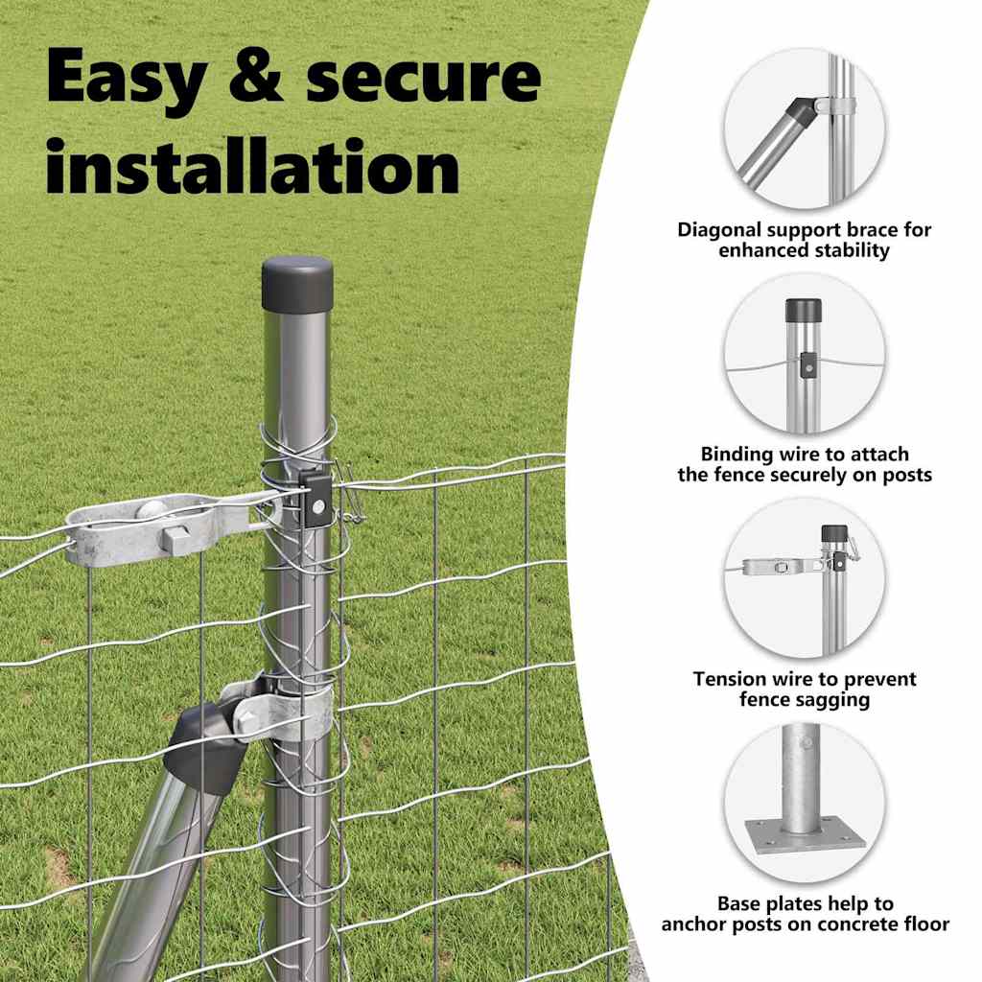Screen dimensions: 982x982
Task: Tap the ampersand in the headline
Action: [255, 77]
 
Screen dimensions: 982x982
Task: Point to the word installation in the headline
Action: [253, 167]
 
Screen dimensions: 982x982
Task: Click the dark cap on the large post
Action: [297, 284]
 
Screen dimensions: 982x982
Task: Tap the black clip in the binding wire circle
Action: [807, 365]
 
